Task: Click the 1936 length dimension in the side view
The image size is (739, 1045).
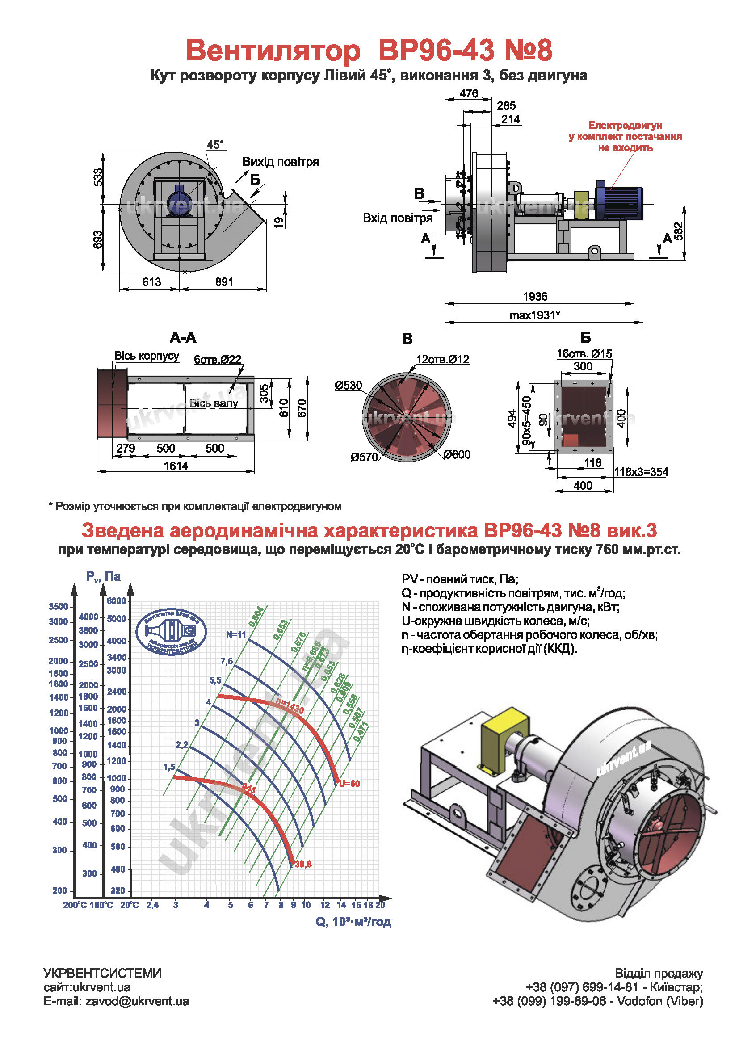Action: (x=535, y=297)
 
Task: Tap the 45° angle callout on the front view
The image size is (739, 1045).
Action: (x=215, y=145)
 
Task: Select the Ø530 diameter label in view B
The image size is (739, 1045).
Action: (x=348, y=386)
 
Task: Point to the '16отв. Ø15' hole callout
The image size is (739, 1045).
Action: (x=584, y=354)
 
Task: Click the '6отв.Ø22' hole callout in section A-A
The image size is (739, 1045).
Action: (x=218, y=360)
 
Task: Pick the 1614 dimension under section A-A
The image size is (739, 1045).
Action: (x=176, y=466)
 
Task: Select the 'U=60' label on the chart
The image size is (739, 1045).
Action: (x=349, y=784)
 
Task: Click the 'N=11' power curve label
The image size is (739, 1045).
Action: (x=236, y=635)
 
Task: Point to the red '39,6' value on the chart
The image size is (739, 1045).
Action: (x=303, y=865)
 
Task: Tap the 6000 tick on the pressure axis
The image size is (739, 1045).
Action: (x=117, y=601)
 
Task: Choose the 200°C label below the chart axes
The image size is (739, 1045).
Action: (x=75, y=905)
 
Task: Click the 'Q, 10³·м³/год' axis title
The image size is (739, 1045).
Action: (x=353, y=922)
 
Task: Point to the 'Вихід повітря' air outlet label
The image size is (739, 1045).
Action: (x=280, y=162)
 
